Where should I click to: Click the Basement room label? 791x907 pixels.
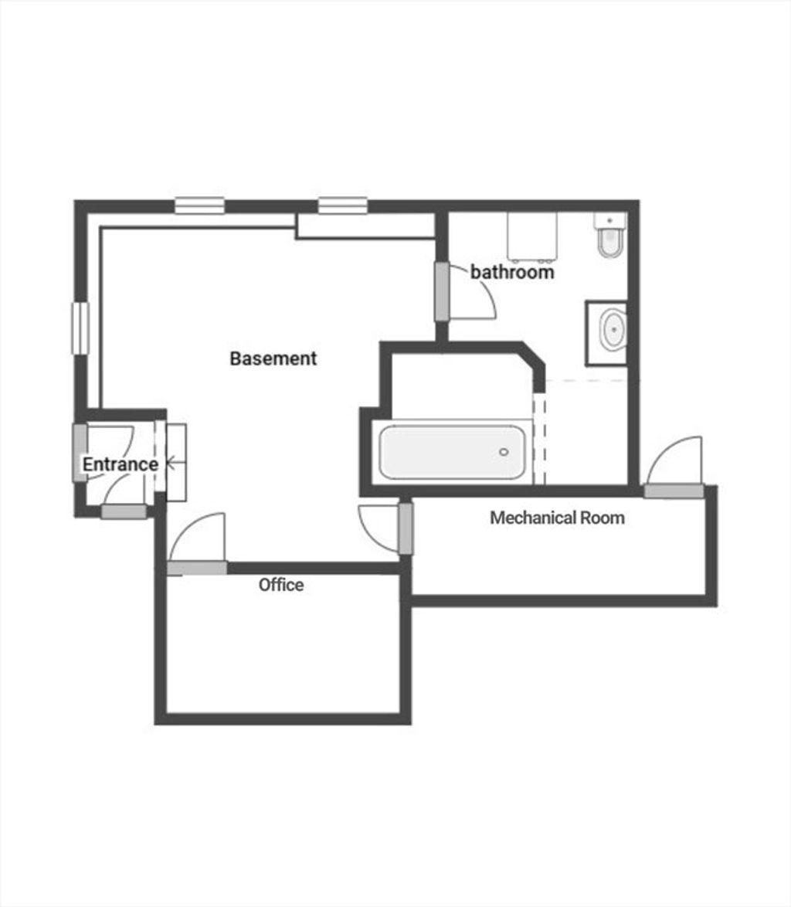click(273, 358)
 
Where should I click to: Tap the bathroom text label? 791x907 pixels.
click(511, 271)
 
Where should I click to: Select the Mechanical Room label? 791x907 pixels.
click(558, 517)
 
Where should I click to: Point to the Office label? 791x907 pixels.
click(281, 584)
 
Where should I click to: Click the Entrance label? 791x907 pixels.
click(121, 464)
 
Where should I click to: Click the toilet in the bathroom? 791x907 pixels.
click(609, 235)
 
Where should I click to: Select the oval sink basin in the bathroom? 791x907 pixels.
click(613, 330)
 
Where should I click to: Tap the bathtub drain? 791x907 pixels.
click(504, 452)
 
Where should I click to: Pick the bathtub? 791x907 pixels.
click(452, 452)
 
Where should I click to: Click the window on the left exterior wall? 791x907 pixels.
click(80, 328)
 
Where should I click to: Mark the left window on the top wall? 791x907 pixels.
click(199, 206)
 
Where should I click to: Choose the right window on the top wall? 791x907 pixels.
click(343, 206)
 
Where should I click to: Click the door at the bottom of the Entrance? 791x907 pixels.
click(124, 511)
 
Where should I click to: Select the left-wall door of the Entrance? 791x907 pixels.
click(80, 453)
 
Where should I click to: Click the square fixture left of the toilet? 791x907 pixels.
click(532, 236)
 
